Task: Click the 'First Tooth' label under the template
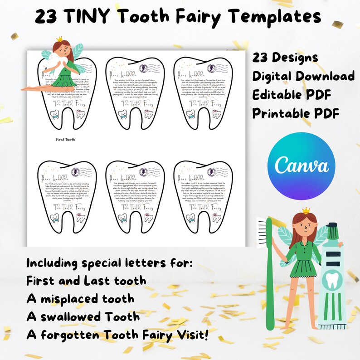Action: coord(65,140)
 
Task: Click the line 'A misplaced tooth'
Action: coord(80,299)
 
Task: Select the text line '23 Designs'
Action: coord(285,58)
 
